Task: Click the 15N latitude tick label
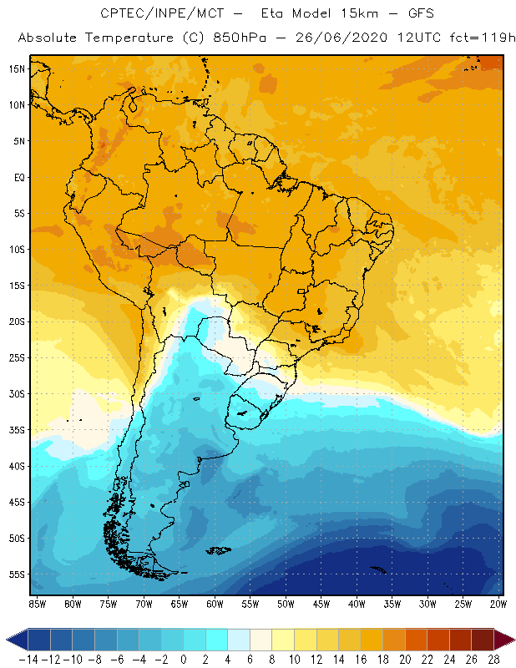coord(18,69)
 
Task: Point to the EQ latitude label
coord(18,178)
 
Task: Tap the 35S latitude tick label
coord(18,430)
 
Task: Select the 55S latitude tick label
coord(18,574)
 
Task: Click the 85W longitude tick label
coord(38,604)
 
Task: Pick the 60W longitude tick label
coord(215,604)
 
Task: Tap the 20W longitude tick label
coord(499,604)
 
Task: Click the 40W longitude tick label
coord(357,604)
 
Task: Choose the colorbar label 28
coord(495,659)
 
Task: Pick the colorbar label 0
coord(183,659)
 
